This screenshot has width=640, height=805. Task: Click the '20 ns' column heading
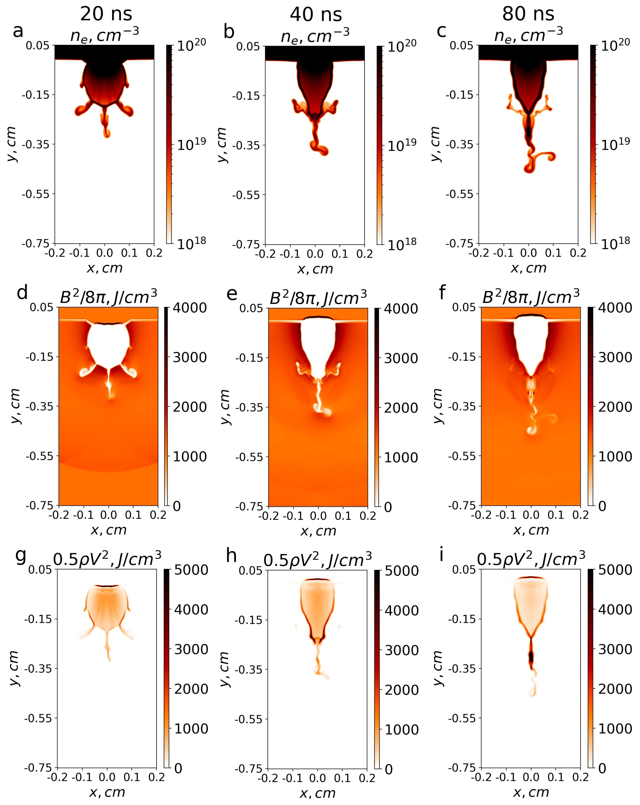tap(106, 14)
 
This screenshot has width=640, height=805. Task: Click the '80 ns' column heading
tap(528, 14)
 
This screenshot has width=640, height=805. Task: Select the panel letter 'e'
tap(232, 294)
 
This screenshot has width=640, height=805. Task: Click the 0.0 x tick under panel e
tap(318, 516)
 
